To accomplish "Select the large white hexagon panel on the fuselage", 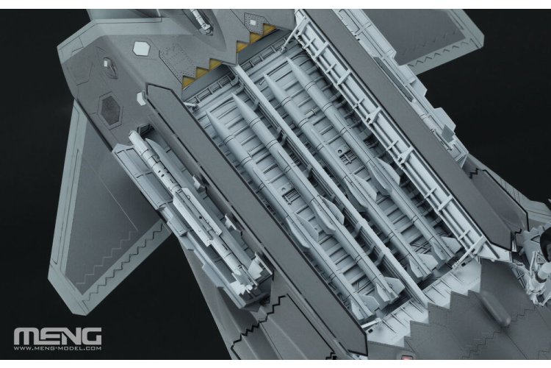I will coord(141,47).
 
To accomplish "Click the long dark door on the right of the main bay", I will coord(411,125).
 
